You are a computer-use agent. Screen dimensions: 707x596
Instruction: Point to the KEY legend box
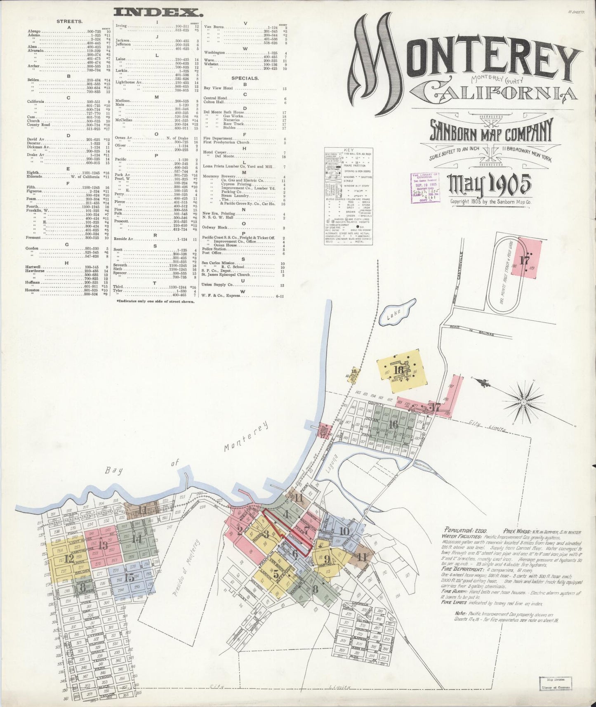tap(349, 196)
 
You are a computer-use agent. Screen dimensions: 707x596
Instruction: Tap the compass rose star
tap(523, 401)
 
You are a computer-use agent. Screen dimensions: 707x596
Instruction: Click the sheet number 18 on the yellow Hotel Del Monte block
tap(398, 370)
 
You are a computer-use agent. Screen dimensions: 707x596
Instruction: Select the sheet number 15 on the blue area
tap(130, 577)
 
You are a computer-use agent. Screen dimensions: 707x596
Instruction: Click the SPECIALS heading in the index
tap(245, 78)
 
